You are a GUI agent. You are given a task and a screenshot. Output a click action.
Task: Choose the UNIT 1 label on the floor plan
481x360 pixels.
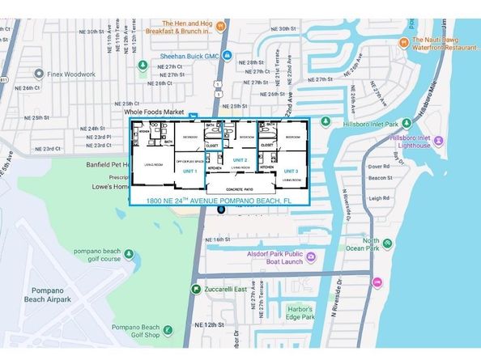click(190, 172)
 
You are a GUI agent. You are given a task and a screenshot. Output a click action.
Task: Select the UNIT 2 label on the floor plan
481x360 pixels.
click(240, 160)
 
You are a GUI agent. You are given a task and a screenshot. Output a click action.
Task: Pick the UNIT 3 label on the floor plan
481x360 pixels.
click(291, 172)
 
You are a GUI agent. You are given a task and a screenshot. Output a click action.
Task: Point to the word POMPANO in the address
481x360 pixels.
click(236, 200)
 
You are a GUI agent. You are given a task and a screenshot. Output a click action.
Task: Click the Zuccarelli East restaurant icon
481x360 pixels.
click(196, 287)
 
